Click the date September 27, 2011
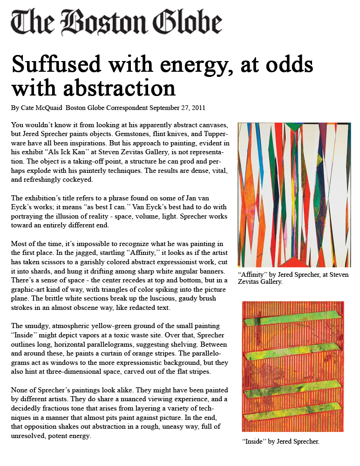(177, 108)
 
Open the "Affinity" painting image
(294, 195)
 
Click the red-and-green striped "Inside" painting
(293, 366)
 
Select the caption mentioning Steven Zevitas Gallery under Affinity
(292, 278)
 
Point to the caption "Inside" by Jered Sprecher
(280, 441)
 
